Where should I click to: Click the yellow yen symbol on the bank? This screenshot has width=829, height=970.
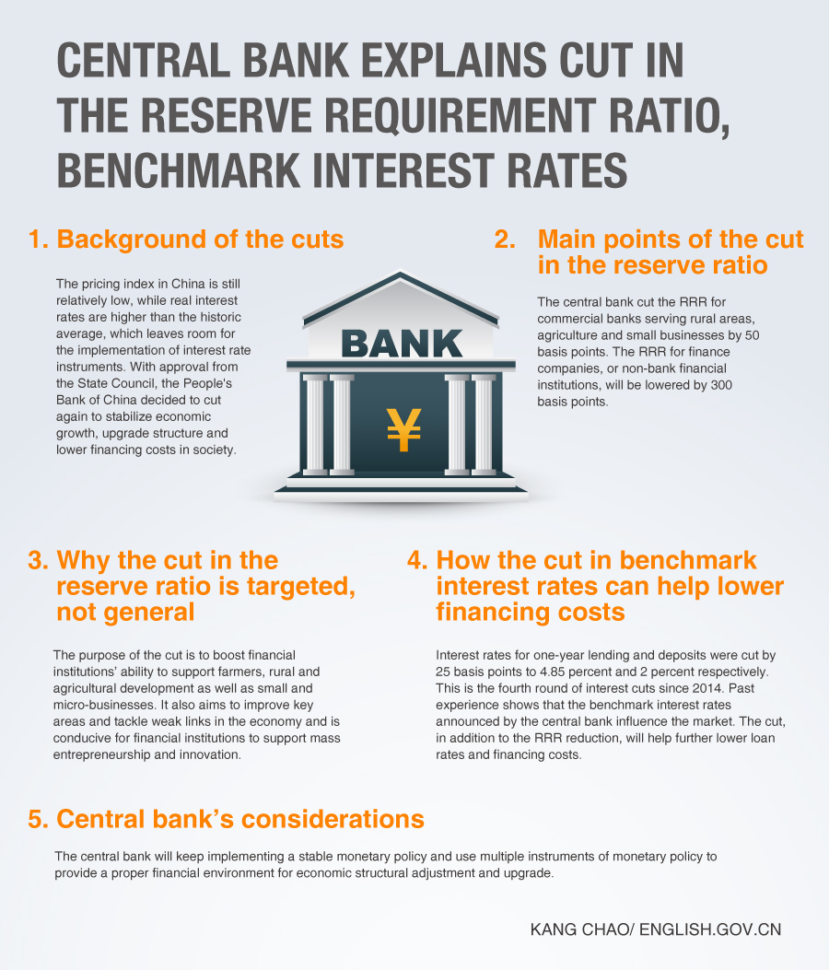pyautogui.click(x=404, y=429)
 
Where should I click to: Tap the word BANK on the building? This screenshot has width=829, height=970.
pyautogui.click(x=402, y=344)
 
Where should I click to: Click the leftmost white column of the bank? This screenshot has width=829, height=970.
pyautogui.click(x=315, y=425)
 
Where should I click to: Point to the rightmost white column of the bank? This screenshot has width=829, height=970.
pyautogui.click(x=484, y=425)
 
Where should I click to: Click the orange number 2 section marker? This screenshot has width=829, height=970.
pyautogui.click(x=505, y=240)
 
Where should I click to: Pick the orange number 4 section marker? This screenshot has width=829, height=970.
pyautogui.click(x=417, y=560)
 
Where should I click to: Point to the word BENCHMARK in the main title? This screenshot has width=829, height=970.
pyautogui.click(x=179, y=170)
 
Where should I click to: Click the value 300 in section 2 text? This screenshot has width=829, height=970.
pyautogui.click(x=721, y=385)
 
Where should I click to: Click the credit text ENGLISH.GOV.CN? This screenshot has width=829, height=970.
pyautogui.click(x=710, y=929)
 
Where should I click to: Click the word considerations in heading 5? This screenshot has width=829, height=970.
pyautogui.click(x=333, y=819)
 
